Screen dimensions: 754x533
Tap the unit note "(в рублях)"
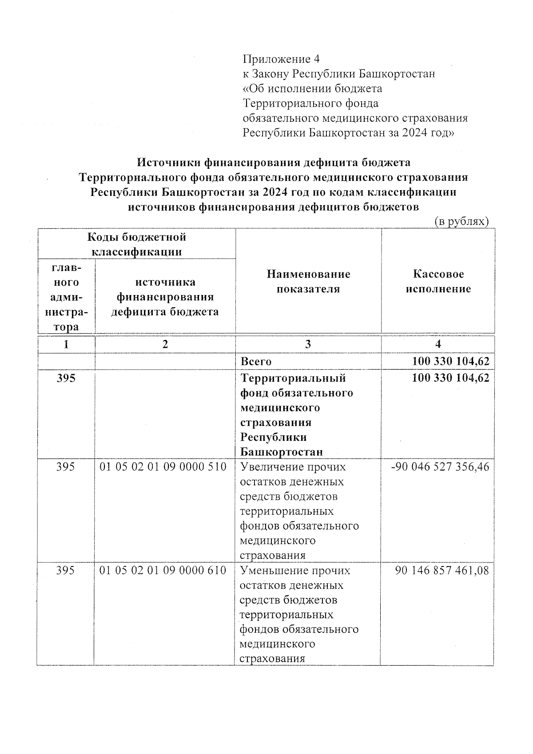(x=461, y=221)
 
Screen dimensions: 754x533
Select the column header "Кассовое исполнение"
(x=438, y=281)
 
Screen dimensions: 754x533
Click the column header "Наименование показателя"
(x=308, y=281)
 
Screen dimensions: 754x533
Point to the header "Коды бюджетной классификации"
(x=136, y=244)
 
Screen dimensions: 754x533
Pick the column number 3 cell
(x=308, y=344)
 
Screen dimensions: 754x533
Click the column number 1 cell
(x=66, y=344)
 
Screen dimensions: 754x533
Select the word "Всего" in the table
(x=256, y=362)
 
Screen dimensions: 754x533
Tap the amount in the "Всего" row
(x=450, y=361)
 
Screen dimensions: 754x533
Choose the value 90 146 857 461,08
(x=442, y=570)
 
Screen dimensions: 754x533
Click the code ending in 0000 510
(x=163, y=467)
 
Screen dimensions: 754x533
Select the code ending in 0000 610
(x=163, y=570)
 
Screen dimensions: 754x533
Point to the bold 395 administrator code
(x=66, y=378)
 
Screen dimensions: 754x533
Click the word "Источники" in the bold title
(x=169, y=162)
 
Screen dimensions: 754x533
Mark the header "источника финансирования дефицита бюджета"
(x=165, y=297)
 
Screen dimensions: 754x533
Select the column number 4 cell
(x=438, y=344)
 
